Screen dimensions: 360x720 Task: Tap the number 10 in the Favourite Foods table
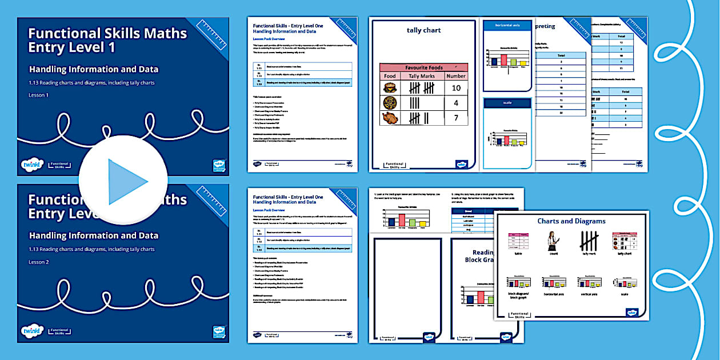tap(456, 88)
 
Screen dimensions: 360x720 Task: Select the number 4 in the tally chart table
tap(456, 103)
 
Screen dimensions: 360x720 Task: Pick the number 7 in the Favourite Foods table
tap(456, 118)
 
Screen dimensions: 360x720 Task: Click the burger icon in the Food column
tap(390, 88)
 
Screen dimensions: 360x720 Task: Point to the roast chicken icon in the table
tap(390, 118)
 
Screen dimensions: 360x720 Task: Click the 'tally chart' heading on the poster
tap(423, 30)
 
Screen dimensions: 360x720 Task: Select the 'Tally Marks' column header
tap(422, 76)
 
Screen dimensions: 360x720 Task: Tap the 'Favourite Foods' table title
tap(423, 67)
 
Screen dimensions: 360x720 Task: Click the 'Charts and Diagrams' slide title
tap(571, 221)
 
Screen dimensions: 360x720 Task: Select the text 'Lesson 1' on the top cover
tap(39, 95)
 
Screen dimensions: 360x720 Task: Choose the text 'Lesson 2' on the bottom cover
tap(39, 262)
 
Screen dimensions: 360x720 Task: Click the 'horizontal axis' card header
tap(508, 26)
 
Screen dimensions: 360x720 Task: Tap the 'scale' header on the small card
tap(508, 103)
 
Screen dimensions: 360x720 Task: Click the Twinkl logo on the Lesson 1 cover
tap(32, 164)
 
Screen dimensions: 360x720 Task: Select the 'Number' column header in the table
tap(456, 76)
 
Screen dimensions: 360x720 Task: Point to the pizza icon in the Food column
tap(390, 103)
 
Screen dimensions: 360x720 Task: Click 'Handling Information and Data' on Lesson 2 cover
tap(94, 235)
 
